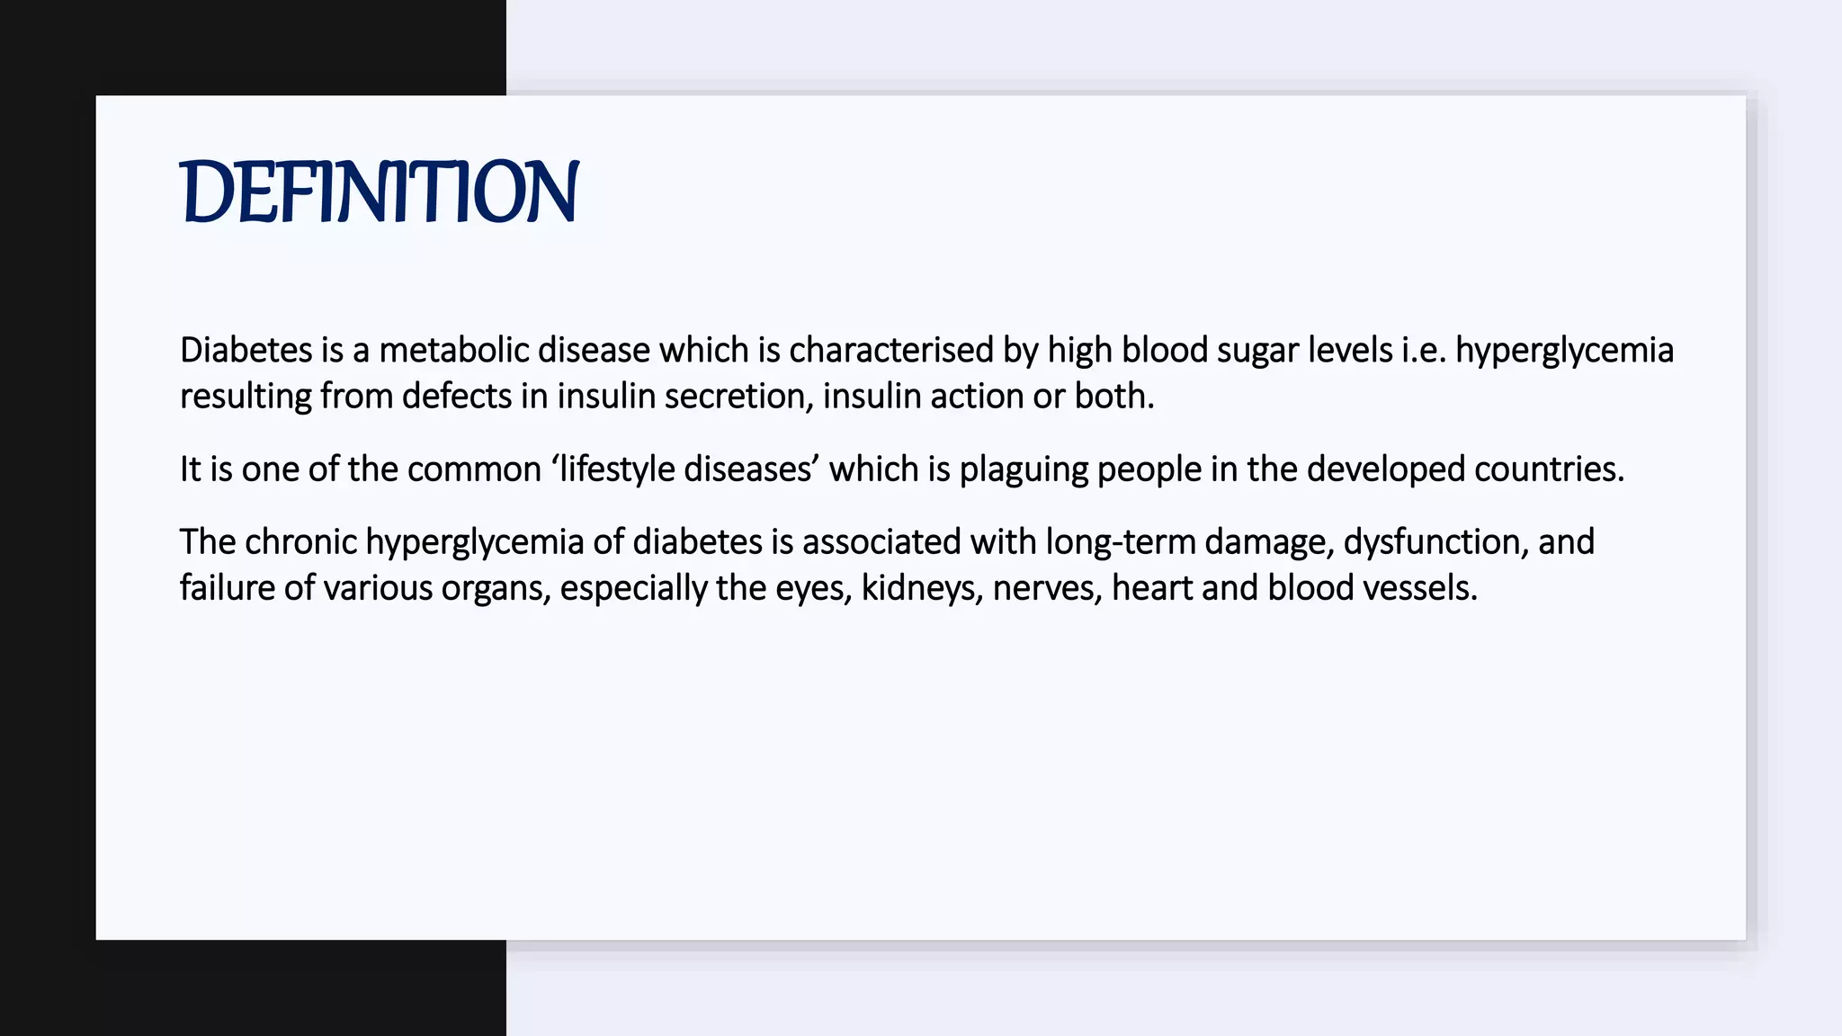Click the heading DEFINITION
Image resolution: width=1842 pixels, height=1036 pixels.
tap(379, 192)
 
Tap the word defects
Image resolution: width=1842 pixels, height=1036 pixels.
tap(456, 397)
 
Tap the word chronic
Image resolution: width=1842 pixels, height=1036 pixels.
tap(300, 542)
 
